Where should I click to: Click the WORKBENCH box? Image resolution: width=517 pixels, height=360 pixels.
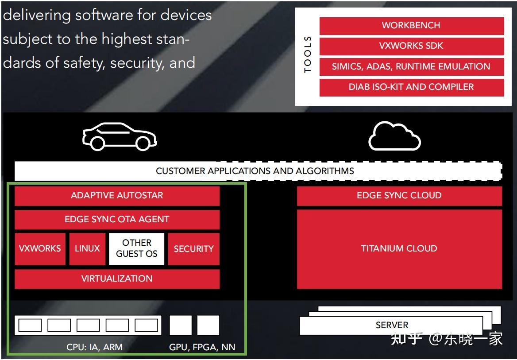[x=412, y=26]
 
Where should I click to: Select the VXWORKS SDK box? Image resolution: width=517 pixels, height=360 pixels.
[x=412, y=46]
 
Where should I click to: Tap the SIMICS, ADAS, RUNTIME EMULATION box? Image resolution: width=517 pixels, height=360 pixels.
[x=412, y=67]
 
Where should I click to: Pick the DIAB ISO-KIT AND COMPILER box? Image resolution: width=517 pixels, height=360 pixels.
[x=412, y=87]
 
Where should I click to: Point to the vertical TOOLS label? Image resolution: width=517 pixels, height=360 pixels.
[x=308, y=54]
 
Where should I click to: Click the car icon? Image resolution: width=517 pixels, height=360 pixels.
[x=120, y=136]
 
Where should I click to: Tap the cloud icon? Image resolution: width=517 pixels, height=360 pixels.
[x=394, y=136]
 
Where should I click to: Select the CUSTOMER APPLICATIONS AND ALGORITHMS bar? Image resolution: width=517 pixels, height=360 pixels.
[x=258, y=171]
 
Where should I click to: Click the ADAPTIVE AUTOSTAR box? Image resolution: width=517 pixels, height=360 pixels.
[x=117, y=195]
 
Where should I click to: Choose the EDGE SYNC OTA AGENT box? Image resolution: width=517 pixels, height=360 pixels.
[x=117, y=220]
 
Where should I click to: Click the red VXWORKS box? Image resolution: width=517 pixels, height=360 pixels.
[x=40, y=249]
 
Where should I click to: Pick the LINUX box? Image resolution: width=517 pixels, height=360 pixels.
[x=87, y=249]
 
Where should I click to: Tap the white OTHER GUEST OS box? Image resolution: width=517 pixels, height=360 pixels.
[x=136, y=249]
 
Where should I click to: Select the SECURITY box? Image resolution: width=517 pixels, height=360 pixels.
[x=193, y=249]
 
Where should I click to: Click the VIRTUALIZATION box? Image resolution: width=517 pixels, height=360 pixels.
[x=117, y=279]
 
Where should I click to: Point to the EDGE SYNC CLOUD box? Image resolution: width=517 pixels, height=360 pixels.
[x=399, y=195]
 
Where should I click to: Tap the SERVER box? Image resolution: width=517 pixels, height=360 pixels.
[x=391, y=325]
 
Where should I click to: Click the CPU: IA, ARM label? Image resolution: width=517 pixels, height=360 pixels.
[x=95, y=347]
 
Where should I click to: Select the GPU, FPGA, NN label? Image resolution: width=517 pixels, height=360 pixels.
[x=202, y=348]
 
